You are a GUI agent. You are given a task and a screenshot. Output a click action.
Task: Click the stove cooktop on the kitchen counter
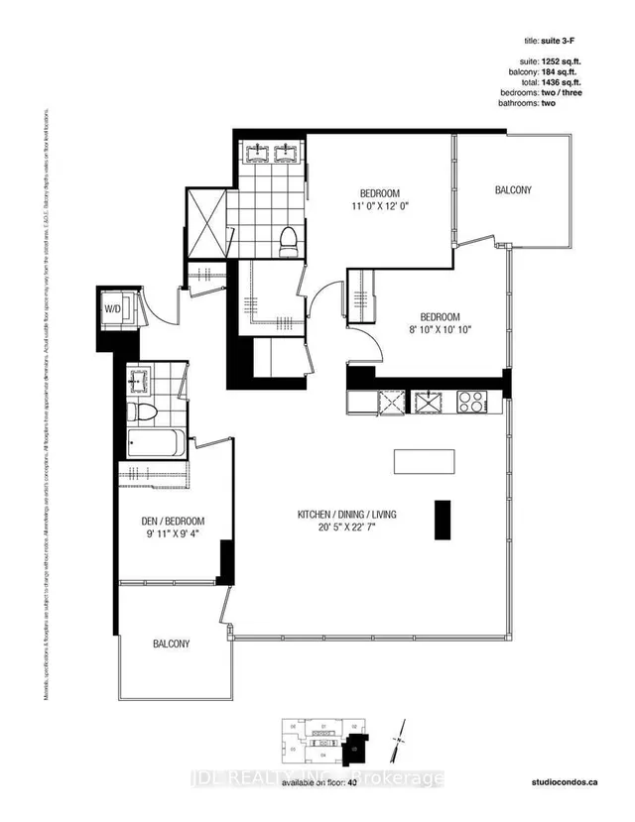click(470, 402)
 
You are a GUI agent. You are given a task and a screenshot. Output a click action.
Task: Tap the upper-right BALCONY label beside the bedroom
click(514, 189)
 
